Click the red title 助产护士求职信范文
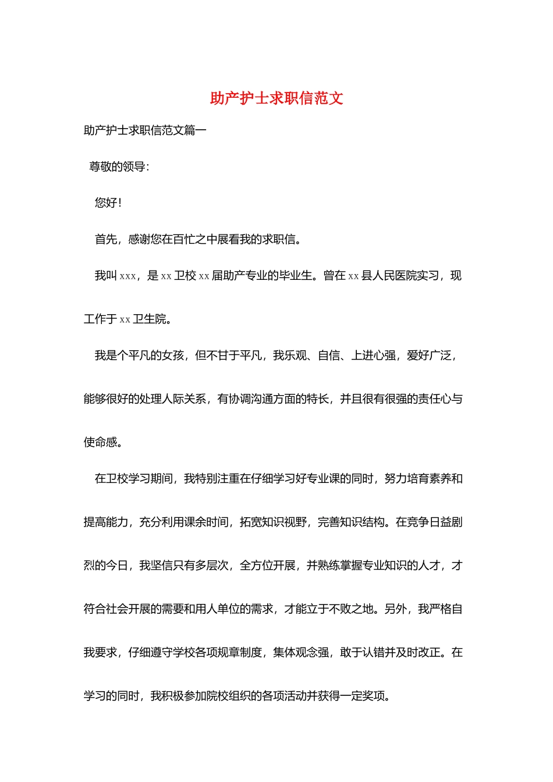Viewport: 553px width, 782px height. pos(276,98)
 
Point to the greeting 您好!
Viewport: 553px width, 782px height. pos(108,203)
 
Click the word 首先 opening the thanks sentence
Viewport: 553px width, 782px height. pos(106,239)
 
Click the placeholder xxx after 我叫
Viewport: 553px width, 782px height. pos(127,276)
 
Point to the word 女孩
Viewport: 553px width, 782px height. pos(173,356)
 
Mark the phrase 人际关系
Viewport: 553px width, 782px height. pos(184,399)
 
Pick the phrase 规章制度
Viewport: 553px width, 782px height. pos(240,653)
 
